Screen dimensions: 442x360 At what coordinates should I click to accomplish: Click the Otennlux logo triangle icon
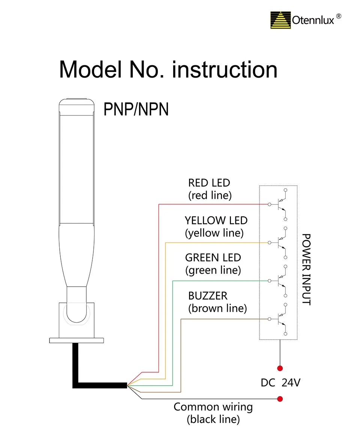281,20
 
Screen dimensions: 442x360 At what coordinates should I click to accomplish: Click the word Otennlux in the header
313,21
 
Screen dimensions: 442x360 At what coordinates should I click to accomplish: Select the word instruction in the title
225,69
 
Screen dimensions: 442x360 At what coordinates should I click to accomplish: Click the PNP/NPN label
136,110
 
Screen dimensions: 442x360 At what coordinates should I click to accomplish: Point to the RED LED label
209,183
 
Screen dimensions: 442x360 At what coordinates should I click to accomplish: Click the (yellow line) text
214,233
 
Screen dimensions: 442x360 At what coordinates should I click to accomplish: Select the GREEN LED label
213,258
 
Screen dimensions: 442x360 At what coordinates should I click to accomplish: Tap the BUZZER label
208,296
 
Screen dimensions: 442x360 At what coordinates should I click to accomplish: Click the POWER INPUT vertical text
306,269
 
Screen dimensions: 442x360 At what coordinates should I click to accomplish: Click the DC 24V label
280,383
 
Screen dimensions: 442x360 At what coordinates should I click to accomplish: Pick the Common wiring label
213,407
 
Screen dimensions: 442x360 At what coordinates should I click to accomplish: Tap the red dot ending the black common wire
279,399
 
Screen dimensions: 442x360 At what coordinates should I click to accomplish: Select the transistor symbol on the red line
280,204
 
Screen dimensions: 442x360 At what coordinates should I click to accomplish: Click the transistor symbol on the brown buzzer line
280,319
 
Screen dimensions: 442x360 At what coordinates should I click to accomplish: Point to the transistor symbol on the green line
280,281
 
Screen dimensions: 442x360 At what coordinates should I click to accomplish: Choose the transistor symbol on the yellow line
280,243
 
